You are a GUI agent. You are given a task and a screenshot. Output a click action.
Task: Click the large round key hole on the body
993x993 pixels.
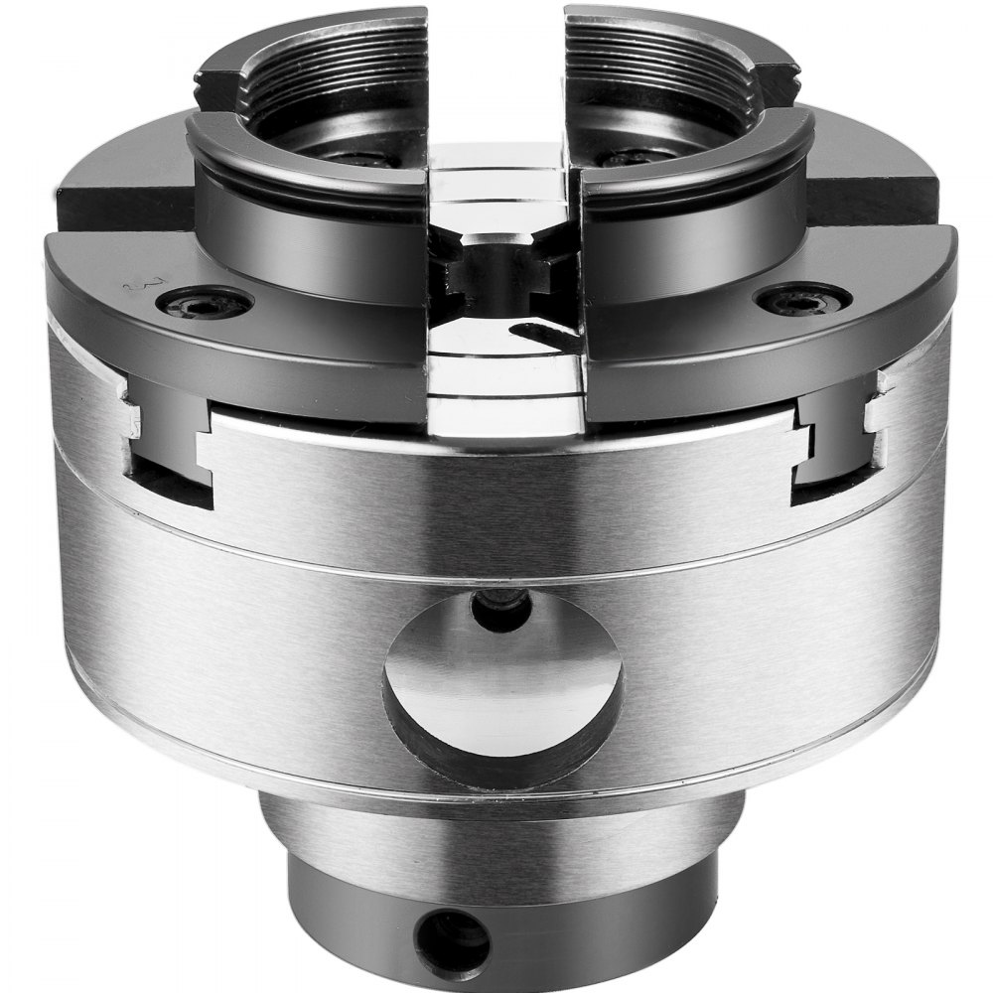(x=503, y=685)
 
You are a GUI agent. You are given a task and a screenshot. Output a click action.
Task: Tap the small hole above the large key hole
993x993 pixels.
(x=499, y=608)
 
